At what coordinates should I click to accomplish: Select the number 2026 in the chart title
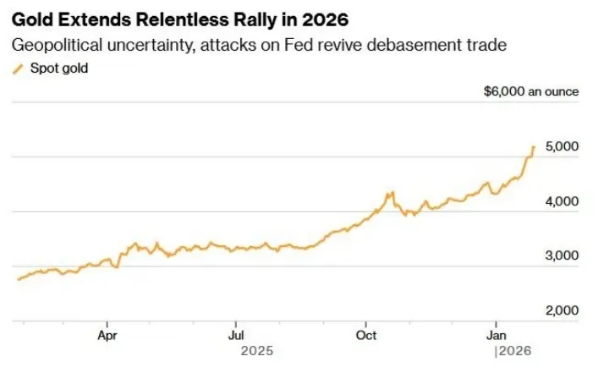tap(325, 19)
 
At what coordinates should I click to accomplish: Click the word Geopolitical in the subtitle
tap(57, 45)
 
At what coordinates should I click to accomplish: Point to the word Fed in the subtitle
tap(295, 45)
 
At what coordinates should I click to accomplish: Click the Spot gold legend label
tap(59, 69)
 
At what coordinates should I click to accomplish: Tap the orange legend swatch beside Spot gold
tap(18, 69)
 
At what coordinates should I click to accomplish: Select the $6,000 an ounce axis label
tap(531, 91)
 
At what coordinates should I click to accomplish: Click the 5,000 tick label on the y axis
tap(562, 146)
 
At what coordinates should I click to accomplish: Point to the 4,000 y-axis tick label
tap(562, 201)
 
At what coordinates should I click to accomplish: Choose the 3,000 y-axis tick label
tap(562, 255)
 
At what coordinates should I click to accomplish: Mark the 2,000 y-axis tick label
tap(562, 310)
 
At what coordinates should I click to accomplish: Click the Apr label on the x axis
tap(107, 336)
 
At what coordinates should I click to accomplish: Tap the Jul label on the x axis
tap(236, 335)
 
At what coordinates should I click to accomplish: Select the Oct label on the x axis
tap(366, 335)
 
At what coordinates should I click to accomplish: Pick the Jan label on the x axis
tap(496, 335)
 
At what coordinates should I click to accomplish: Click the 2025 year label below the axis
tap(257, 351)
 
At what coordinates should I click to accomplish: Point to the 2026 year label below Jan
tap(515, 351)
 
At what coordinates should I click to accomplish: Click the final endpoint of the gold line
tap(535, 147)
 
